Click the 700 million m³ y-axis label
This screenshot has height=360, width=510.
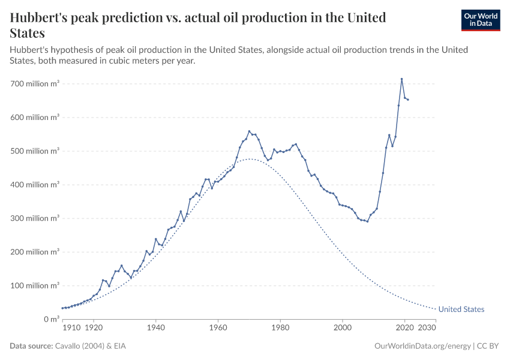(35, 84)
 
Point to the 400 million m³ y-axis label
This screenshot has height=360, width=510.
(35, 185)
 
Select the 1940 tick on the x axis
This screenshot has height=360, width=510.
(155, 328)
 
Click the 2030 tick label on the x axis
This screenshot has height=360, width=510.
(427, 328)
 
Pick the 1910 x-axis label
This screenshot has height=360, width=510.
(71, 328)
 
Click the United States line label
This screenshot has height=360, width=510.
(461, 310)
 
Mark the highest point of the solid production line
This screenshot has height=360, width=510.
(401, 79)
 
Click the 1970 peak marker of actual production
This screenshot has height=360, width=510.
(249, 131)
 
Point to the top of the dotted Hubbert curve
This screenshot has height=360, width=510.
(250, 159)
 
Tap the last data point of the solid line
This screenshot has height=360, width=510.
(408, 100)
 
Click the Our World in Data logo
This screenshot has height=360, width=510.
(480, 20)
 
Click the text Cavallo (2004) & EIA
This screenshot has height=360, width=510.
(91, 346)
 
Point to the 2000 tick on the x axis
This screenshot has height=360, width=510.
(343, 328)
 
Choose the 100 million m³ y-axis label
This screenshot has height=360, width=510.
(35, 286)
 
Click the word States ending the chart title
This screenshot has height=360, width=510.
(28, 33)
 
